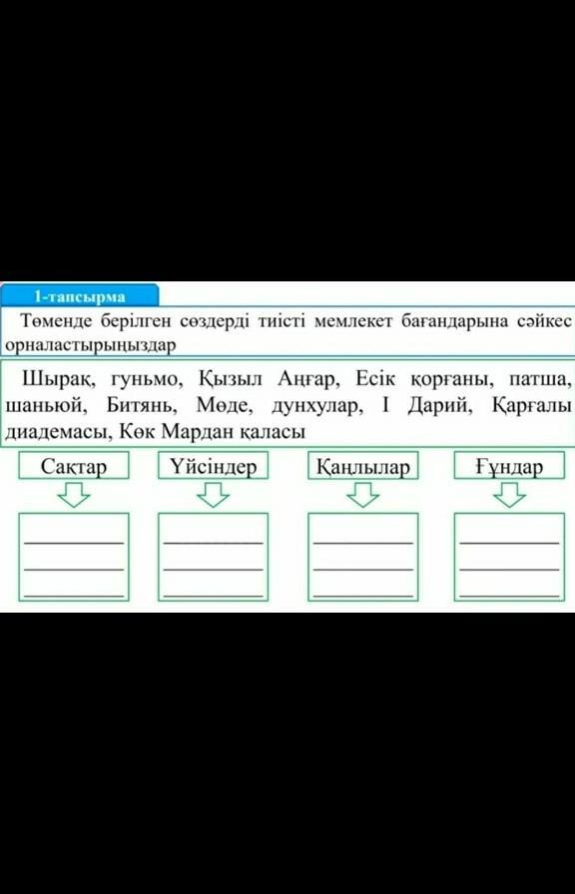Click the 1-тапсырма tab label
pyautogui.click(x=79, y=296)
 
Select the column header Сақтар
pyautogui.click(x=74, y=466)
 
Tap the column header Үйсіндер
pyautogui.click(x=213, y=466)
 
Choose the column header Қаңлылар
pyautogui.click(x=362, y=467)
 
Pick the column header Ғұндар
pyautogui.click(x=509, y=467)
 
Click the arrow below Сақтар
pyautogui.click(x=74, y=494)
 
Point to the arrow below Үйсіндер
pyautogui.click(x=213, y=494)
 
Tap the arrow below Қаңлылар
pyautogui.click(x=362, y=494)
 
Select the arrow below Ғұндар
pyautogui.click(x=509, y=494)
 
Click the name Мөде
pyautogui.click(x=223, y=406)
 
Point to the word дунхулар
pyautogui.click(x=315, y=406)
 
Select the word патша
pyautogui.click(x=539, y=379)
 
